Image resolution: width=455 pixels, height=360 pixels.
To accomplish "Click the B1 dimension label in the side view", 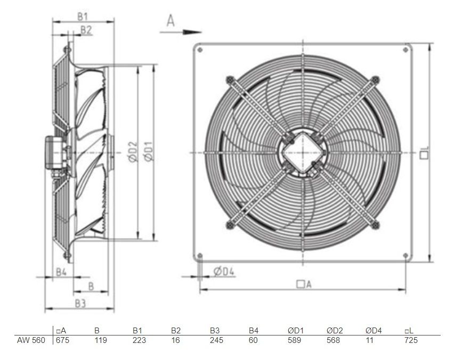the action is [83, 17].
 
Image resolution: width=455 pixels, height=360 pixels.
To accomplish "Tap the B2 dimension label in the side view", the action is [86, 30].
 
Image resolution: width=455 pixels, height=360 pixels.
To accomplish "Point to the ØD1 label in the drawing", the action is [148, 151].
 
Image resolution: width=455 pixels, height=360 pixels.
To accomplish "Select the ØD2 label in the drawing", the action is [132, 152].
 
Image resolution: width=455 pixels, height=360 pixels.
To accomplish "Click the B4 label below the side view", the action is [61, 272].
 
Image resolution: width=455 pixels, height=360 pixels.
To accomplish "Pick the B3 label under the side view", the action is [80, 304].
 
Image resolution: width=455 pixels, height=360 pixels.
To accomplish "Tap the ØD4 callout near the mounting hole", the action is [224, 272].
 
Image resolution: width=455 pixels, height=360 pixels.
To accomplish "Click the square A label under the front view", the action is [304, 284].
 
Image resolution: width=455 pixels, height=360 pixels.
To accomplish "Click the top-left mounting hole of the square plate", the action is [200, 50].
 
